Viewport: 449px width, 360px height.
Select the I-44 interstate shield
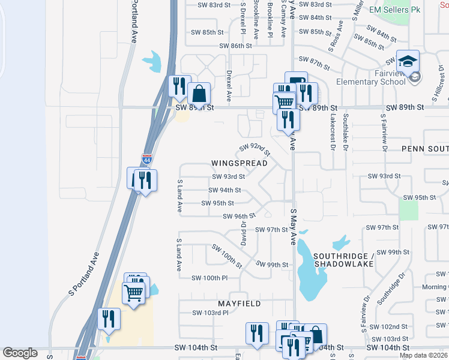tap(147, 160)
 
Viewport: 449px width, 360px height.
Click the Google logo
tap(20, 353)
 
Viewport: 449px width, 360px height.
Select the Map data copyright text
tap(423, 355)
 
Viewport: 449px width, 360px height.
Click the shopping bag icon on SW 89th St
tap(199, 94)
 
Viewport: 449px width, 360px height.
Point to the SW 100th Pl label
tap(209, 278)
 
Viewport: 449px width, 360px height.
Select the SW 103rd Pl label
tap(210, 313)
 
